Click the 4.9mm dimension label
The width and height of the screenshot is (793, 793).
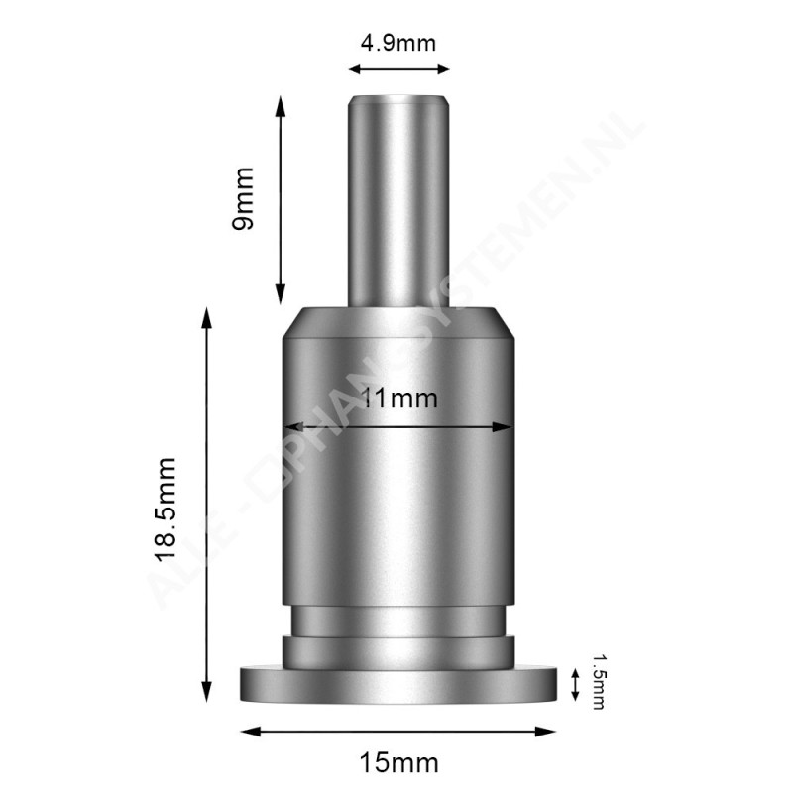[x=398, y=43]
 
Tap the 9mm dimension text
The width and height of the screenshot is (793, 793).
[x=243, y=198]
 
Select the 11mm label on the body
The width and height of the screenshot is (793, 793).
[x=399, y=398]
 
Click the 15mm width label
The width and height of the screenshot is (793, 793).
[x=399, y=763]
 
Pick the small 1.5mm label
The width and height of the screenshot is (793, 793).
[x=597, y=681]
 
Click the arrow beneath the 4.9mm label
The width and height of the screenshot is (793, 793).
[x=398, y=68]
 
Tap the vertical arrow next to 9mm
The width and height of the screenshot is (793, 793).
[x=282, y=198]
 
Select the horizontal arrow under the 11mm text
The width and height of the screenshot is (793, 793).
[x=397, y=427]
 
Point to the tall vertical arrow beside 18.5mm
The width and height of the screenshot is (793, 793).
[x=207, y=506]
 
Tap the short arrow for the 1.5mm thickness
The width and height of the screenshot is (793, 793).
[x=576, y=684]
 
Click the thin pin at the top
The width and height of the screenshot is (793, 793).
[x=397, y=198]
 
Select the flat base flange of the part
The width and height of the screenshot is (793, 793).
[x=397, y=686]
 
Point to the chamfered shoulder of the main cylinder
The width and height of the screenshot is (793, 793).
[x=397, y=325]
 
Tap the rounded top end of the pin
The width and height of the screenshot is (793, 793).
[x=397, y=97]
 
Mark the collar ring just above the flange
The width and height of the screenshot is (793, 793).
[x=397, y=652]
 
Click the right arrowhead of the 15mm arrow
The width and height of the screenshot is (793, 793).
[x=548, y=732]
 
